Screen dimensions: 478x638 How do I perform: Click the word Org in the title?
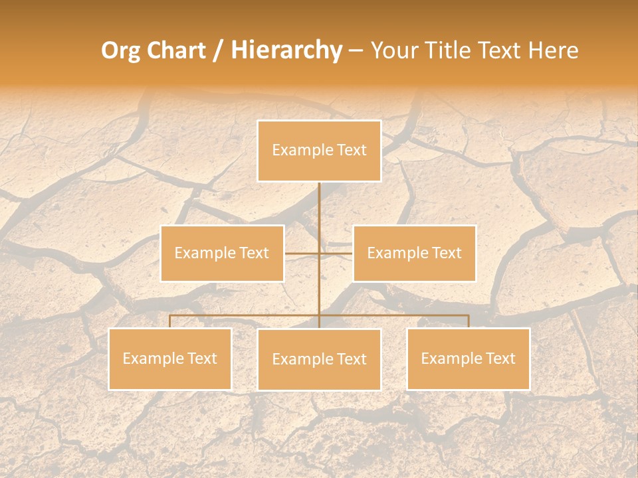click(121, 51)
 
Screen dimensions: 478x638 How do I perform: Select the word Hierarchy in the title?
click(286, 51)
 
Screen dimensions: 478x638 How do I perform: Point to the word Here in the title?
click(553, 51)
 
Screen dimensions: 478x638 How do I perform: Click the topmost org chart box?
click(319, 151)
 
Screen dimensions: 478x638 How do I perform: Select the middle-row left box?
click(222, 253)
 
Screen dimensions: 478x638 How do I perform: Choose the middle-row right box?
click(414, 253)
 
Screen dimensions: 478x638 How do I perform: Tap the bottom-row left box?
click(169, 358)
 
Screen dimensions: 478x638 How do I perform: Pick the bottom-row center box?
click(319, 359)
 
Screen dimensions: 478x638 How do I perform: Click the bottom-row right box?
click(468, 358)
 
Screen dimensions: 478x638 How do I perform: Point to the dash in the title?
click(356, 51)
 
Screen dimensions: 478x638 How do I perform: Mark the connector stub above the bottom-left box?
click(169, 321)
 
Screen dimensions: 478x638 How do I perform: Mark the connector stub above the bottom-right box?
click(469, 321)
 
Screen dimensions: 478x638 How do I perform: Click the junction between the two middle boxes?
click(319, 253)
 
